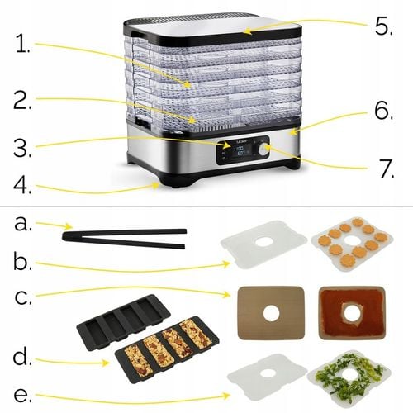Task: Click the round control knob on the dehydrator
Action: (x=263, y=150)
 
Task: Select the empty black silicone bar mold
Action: (x=124, y=318)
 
